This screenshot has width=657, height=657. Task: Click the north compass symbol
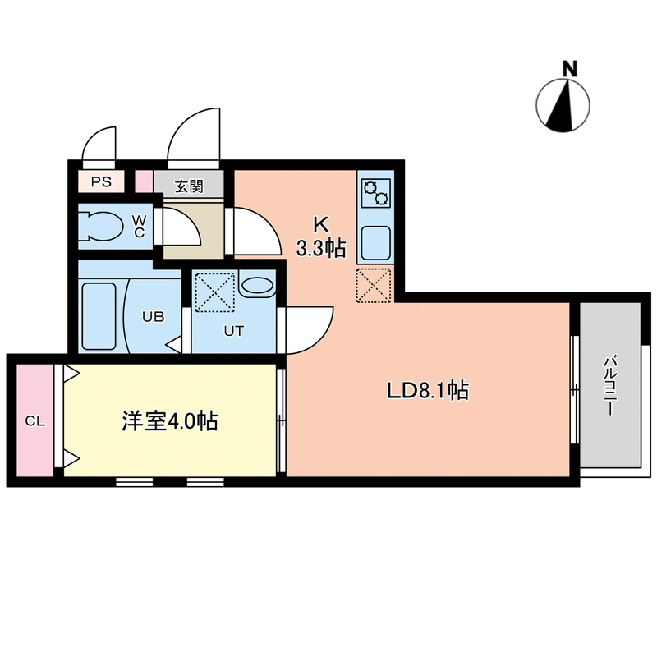[x=563, y=107]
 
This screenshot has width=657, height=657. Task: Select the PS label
[x=100, y=182]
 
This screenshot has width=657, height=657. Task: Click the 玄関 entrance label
[x=189, y=186]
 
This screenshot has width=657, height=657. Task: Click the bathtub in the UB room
[x=99, y=315]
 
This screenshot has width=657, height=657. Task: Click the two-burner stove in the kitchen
[x=376, y=195]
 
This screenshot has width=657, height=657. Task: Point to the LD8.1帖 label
[x=427, y=392]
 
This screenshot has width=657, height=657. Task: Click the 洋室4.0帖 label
[x=170, y=422]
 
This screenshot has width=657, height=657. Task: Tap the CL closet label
[x=34, y=421]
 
